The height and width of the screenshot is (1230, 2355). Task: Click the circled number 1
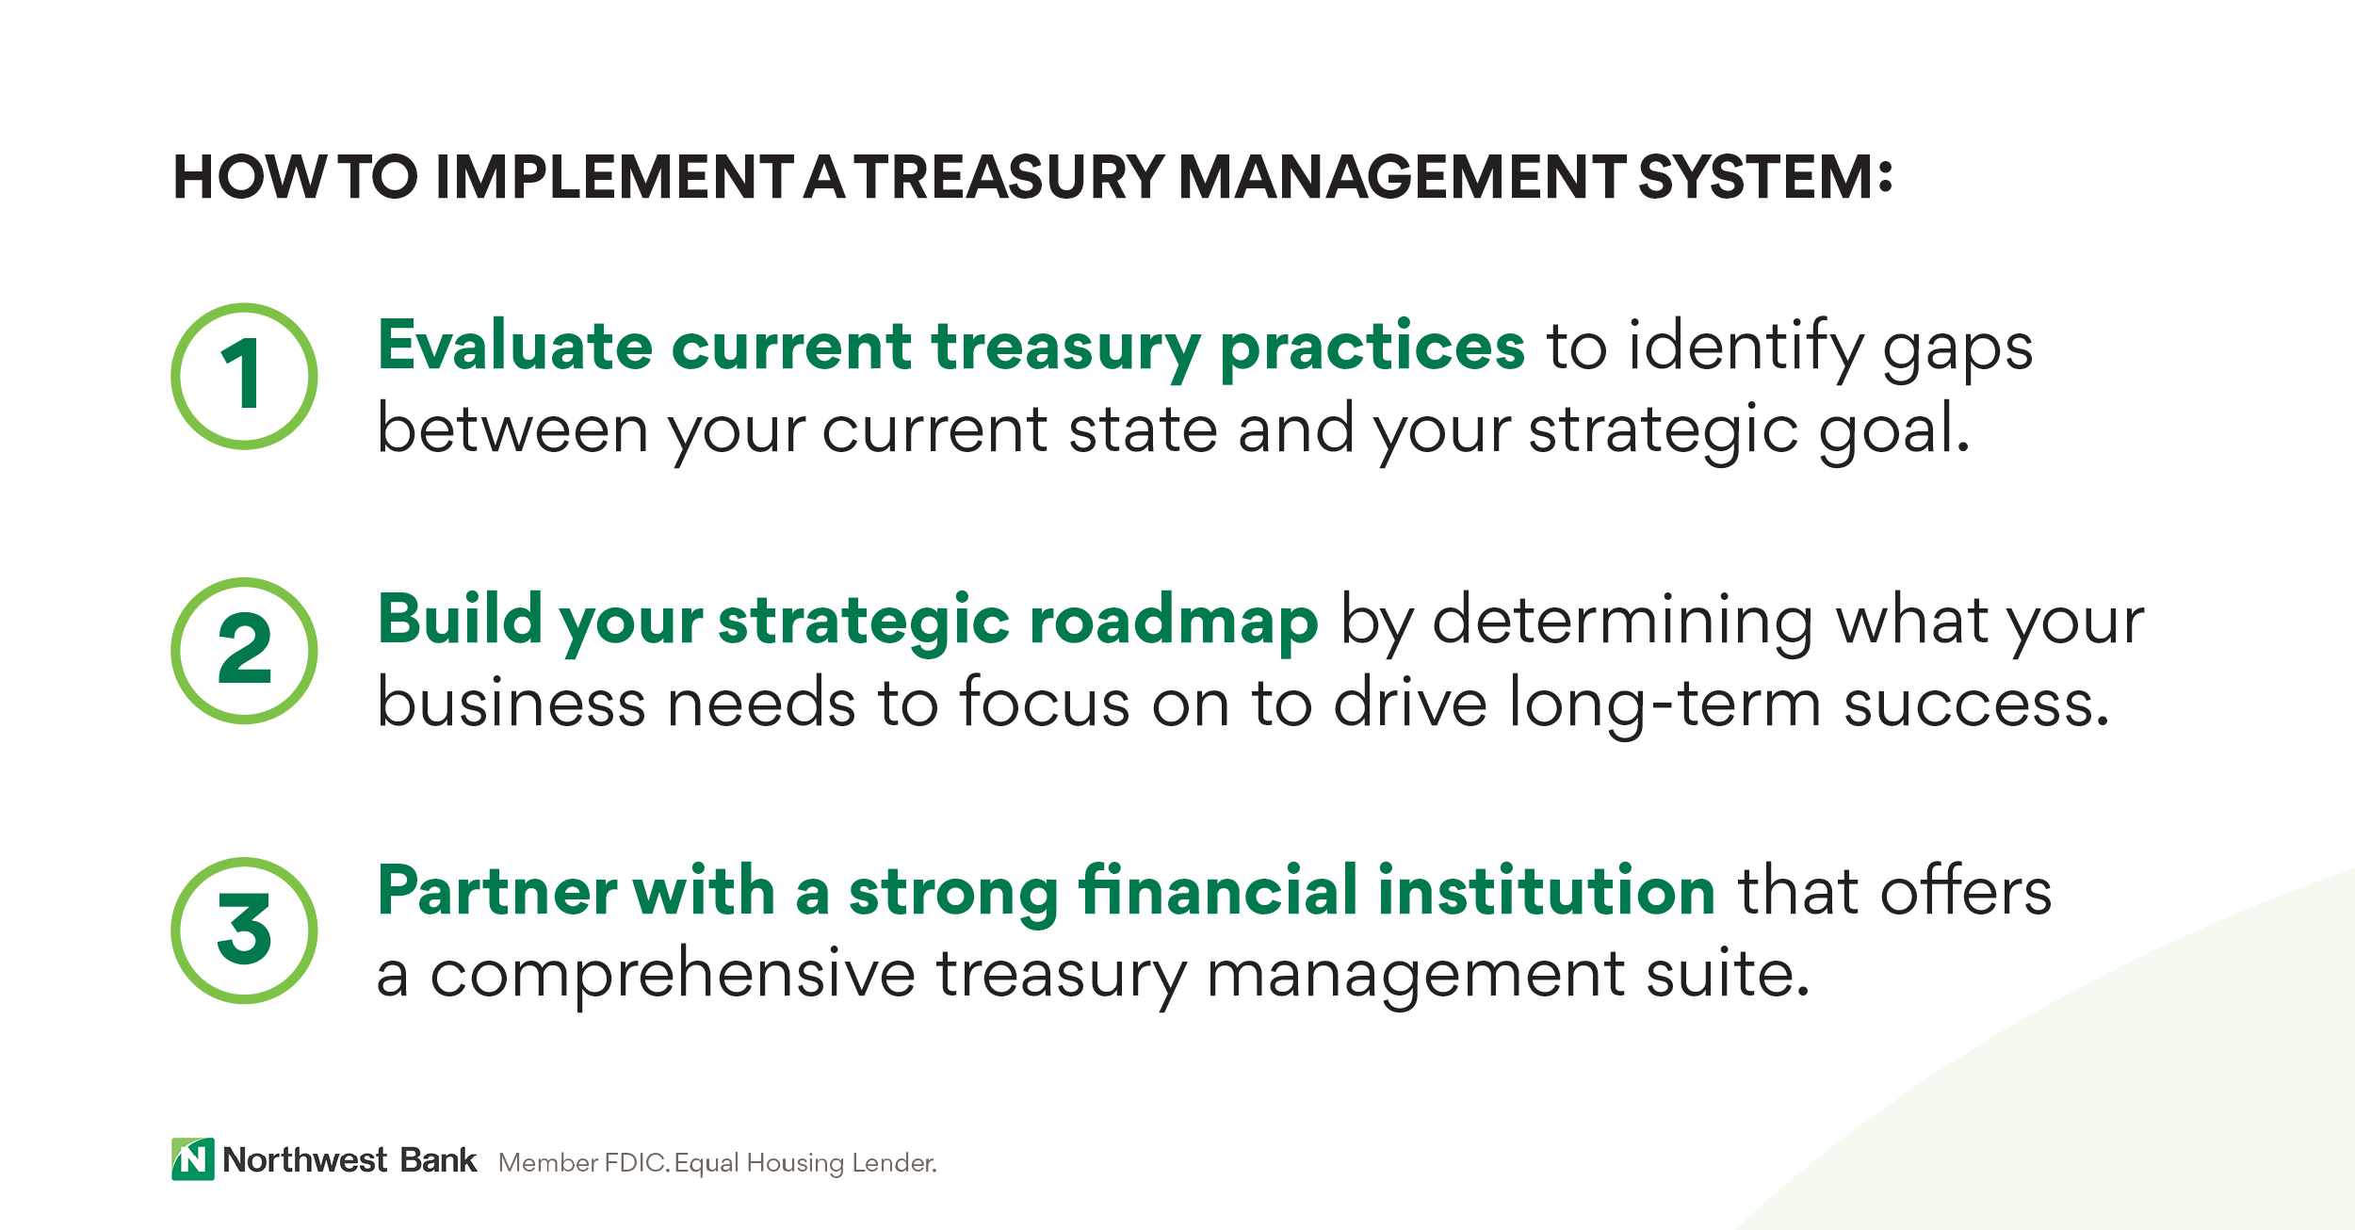(x=243, y=376)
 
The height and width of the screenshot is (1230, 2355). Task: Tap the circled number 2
(x=243, y=651)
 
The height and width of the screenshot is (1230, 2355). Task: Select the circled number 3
(x=243, y=931)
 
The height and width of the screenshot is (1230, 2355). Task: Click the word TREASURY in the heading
(x=1011, y=177)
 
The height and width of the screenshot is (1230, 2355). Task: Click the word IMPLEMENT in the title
(x=616, y=177)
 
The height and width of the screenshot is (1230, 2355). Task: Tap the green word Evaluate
(x=514, y=346)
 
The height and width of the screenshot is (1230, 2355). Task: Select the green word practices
(x=1372, y=348)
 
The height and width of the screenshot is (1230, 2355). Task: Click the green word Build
(x=461, y=620)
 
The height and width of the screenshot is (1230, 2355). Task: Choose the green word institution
(x=1546, y=890)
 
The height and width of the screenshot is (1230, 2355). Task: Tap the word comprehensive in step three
(x=673, y=976)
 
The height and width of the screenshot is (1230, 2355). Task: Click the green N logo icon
(x=192, y=1158)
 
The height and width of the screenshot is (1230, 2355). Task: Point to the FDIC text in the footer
(x=637, y=1163)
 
